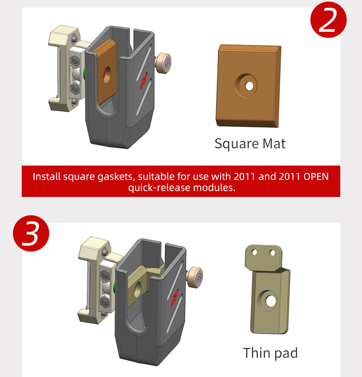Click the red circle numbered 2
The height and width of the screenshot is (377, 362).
[x=328, y=20]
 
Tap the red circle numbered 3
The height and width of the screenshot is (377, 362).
[x=31, y=233]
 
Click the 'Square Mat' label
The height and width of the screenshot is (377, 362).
[x=250, y=144]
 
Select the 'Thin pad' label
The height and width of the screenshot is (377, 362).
[x=270, y=353]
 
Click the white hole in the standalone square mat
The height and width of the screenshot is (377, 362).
[x=249, y=86]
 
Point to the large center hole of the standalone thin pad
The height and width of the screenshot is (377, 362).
[x=271, y=301]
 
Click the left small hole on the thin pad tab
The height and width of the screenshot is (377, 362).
[x=254, y=252]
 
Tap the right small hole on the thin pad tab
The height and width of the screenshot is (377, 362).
[x=272, y=252]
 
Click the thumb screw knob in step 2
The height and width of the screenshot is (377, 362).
[x=163, y=62]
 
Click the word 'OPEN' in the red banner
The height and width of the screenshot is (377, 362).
[x=316, y=177]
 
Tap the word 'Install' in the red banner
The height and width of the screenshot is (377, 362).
[x=47, y=177]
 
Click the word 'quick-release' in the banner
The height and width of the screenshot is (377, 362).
[x=159, y=188]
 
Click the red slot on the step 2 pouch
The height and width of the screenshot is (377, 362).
[x=144, y=81]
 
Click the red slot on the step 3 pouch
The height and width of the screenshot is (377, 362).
[x=175, y=297]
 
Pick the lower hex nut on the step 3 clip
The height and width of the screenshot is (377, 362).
[x=105, y=303]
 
